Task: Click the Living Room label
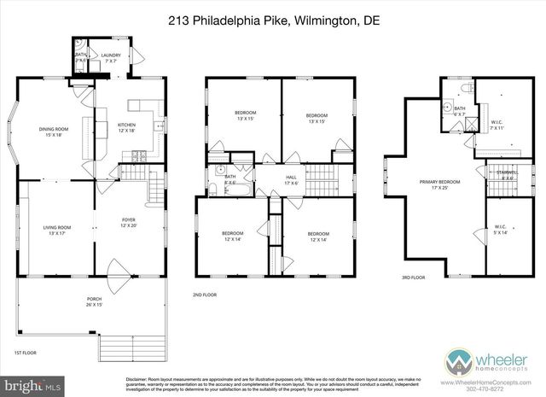[57, 229]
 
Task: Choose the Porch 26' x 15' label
[94, 301]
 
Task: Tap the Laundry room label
[111, 58]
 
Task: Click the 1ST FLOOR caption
[25, 353]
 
